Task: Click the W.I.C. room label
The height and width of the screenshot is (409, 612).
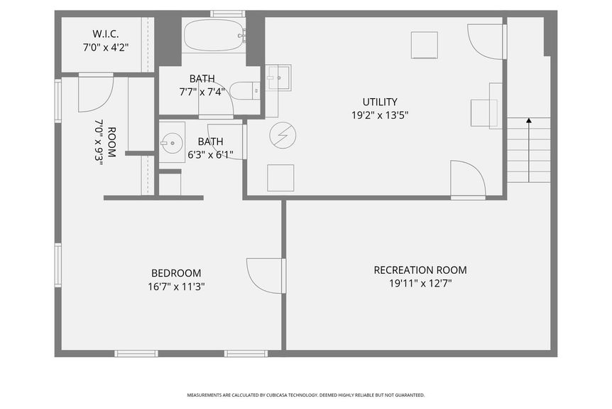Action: [104, 34]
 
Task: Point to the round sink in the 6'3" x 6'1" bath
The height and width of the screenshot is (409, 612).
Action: [170, 143]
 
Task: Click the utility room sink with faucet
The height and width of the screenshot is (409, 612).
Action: [278, 76]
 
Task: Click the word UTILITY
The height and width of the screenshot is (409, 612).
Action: [380, 102]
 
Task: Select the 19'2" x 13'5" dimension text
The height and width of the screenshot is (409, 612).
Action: [380, 115]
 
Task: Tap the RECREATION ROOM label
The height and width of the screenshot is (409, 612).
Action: [420, 270]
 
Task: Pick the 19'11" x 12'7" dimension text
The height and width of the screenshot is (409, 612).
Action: [420, 283]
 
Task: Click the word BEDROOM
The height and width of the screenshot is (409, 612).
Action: [176, 273]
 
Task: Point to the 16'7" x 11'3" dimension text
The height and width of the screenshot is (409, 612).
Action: [176, 287]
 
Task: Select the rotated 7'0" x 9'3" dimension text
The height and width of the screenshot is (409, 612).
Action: [99, 142]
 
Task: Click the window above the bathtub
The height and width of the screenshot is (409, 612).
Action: [227, 14]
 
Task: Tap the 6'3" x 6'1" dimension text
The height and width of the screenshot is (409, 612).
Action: [210, 154]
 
